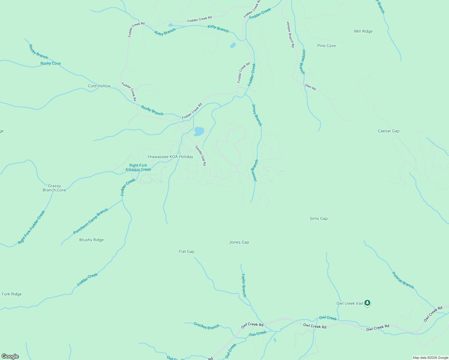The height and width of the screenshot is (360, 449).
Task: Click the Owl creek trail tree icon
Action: click(367, 303)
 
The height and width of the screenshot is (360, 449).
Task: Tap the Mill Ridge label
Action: click(363, 31)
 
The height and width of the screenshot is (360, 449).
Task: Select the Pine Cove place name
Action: click(326, 46)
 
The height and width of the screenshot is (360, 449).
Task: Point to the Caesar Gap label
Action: click(388, 131)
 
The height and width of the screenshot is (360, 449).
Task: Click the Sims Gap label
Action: click(318, 218)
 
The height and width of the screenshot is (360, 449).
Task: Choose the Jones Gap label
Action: click(239, 242)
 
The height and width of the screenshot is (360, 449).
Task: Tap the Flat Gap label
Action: click(186, 251)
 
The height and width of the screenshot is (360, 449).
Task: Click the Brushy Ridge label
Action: click(91, 240)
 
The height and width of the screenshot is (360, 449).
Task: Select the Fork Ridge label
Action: click(12, 294)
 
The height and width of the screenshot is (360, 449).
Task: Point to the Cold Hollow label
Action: click(99, 86)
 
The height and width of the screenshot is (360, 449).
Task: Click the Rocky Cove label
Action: click(50, 63)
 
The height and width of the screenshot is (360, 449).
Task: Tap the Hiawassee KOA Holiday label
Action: click(170, 157)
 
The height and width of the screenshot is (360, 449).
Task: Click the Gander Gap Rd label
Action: click(200, 155)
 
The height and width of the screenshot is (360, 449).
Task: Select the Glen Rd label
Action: click(310, 87)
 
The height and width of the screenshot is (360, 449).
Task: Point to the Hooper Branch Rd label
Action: click(290, 34)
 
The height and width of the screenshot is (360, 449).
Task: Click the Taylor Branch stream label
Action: click(244, 285)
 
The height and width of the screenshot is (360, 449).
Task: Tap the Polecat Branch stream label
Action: click(403, 280)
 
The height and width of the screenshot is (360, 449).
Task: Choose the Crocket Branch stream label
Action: click(206, 326)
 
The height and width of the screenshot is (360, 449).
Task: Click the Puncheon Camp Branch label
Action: click(91, 221)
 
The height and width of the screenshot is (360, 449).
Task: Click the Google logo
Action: click(10, 356)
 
